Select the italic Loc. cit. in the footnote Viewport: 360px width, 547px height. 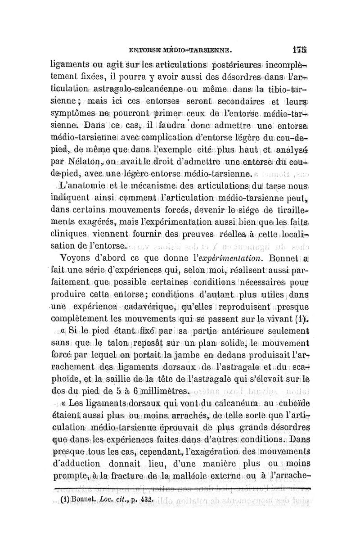tap(109, 487)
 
